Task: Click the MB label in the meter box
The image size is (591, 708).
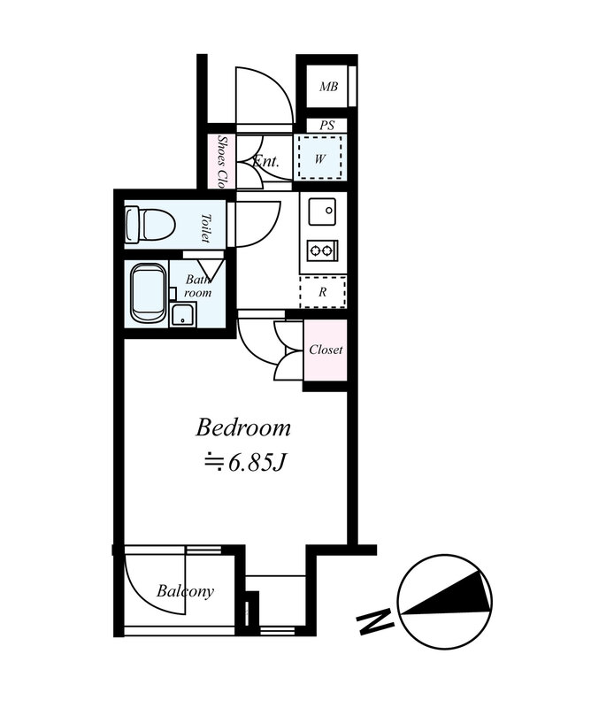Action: tap(328, 86)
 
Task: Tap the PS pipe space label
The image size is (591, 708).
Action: tap(326, 126)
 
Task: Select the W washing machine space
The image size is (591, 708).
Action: tap(320, 158)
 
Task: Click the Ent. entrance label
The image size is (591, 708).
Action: tap(266, 161)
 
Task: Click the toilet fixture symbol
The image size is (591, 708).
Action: tap(150, 225)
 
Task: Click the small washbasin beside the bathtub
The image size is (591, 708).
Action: tap(183, 314)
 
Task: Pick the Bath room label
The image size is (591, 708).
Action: tap(198, 286)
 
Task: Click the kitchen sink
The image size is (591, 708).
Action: tap(322, 212)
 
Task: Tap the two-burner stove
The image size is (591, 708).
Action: tap(322, 250)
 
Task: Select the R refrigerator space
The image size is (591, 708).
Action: tap(322, 292)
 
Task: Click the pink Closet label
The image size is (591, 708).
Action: tap(326, 350)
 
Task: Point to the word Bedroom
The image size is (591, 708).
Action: tap(243, 427)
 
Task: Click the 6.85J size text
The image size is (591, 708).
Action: tap(246, 462)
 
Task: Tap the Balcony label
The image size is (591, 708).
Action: tap(185, 591)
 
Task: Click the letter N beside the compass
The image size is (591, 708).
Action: tap(375, 622)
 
